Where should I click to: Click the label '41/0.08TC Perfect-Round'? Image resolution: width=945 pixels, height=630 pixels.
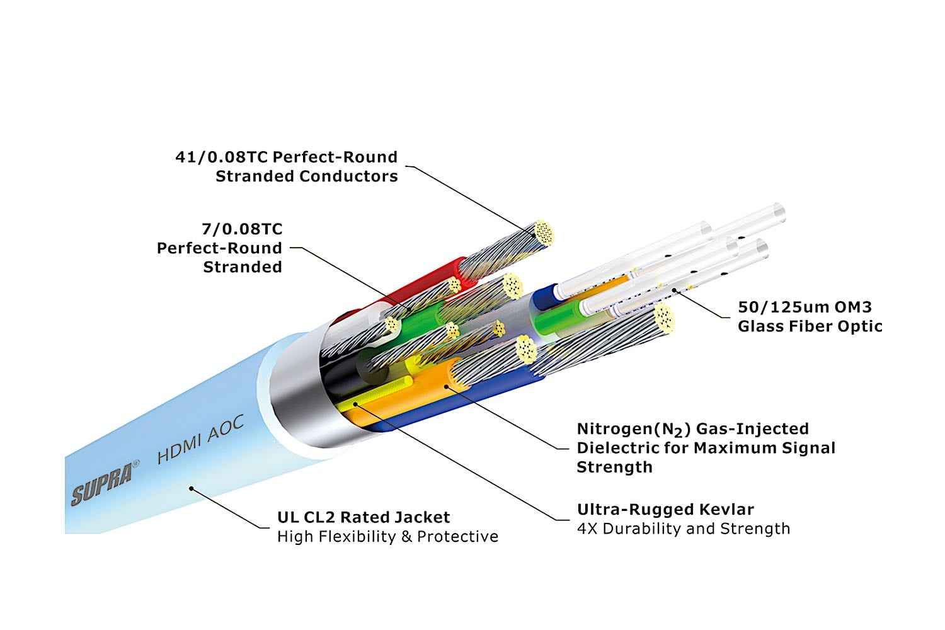click(x=287, y=157)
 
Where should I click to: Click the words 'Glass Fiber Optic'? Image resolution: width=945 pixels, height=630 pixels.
click(x=810, y=326)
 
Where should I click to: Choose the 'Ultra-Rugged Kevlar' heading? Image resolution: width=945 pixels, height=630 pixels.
click(x=665, y=510)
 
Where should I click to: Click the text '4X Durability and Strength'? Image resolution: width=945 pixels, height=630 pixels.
click(x=683, y=529)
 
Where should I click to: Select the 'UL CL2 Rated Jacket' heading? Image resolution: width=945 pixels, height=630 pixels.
click(x=364, y=518)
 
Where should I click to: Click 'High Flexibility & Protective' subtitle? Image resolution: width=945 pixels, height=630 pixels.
click(x=387, y=537)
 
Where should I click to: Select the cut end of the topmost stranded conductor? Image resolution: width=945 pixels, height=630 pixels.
click(x=544, y=232)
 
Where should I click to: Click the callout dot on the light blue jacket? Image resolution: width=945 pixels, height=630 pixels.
click(x=193, y=488)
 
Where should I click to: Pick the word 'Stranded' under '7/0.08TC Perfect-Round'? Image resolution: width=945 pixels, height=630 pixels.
click(x=243, y=267)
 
